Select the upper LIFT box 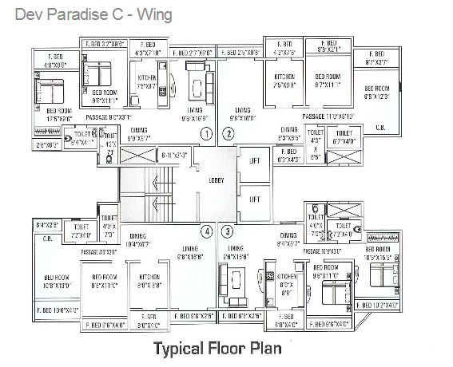coord(256,160)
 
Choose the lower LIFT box coord(256,197)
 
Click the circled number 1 coord(206,133)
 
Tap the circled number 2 coord(228,133)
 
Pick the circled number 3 coord(228,232)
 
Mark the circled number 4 coord(206,232)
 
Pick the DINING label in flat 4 coord(137,236)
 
